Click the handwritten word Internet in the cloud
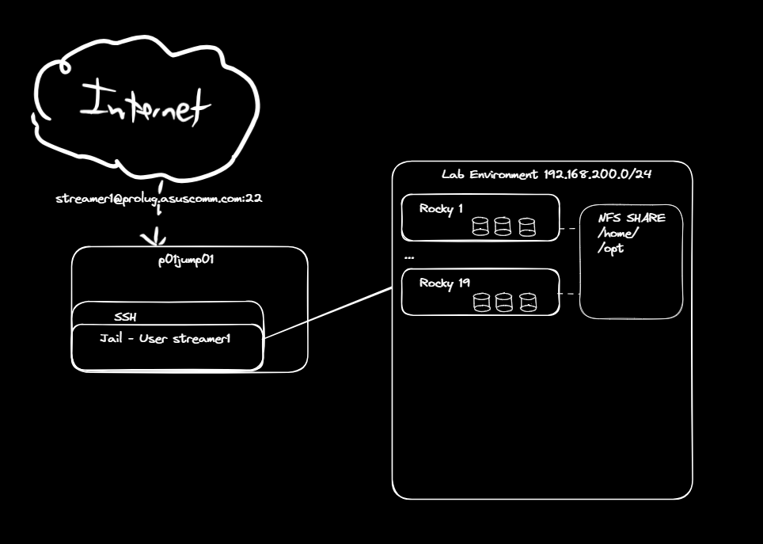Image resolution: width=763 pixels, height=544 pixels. click(145, 105)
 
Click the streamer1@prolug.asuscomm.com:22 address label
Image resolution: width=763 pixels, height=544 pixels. click(159, 198)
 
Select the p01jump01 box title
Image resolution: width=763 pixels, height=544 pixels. click(186, 260)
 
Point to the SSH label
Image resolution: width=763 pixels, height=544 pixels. click(125, 317)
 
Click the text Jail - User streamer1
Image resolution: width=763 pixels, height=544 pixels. click(165, 338)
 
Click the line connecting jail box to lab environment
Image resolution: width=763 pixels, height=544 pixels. click(328, 313)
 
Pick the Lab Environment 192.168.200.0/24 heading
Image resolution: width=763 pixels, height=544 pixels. click(546, 174)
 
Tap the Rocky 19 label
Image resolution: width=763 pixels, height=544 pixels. click(444, 283)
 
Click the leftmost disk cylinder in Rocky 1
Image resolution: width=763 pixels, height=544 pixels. click(480, 227)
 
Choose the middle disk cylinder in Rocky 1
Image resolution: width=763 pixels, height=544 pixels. click(503, 226)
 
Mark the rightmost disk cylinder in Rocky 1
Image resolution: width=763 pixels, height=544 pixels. click(527, 227)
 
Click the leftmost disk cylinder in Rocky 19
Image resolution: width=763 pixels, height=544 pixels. click(482, 302)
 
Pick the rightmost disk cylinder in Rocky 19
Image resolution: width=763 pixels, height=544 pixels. click(528, 302)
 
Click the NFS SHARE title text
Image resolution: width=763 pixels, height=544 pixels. click(632, 218)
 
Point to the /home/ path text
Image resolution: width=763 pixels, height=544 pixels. click(618, 234)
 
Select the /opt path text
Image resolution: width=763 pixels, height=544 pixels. click(611, 249)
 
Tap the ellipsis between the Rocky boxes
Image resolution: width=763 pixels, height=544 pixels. click(409, 257)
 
